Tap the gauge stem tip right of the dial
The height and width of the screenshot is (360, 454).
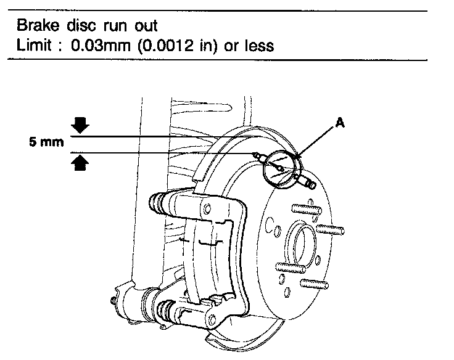click(311, 184)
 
